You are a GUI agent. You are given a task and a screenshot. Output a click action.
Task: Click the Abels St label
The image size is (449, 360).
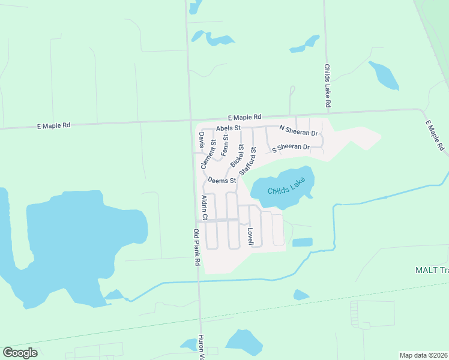coord(228,128)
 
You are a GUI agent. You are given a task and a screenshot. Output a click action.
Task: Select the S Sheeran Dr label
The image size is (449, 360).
coord(291,148)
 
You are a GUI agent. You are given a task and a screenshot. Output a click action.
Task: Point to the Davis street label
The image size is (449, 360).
coord(202,140)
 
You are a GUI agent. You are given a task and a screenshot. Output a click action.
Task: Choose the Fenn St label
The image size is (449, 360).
coord(225,145)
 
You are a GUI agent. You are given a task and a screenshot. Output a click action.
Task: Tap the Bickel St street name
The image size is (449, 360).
coord(237,155)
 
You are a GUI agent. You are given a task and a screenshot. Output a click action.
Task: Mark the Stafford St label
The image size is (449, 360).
coord(248,161)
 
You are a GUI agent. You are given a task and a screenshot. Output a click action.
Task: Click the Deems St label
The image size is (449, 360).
coord(221,179)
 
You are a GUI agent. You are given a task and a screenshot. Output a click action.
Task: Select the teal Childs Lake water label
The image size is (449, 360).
coord(282,187)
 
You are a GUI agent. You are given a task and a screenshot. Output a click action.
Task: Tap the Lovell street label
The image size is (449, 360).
coord(251,235)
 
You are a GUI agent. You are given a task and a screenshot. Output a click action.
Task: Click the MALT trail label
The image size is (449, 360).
coord(432,270)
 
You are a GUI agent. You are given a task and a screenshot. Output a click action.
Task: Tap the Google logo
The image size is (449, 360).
coord(20,353)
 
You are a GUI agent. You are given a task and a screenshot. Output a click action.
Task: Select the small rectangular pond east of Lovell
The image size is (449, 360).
coord(302,242)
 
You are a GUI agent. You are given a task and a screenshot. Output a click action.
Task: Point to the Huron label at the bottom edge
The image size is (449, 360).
coord(202,347)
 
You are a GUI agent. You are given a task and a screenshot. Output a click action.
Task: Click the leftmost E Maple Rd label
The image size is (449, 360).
coord(53,125)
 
